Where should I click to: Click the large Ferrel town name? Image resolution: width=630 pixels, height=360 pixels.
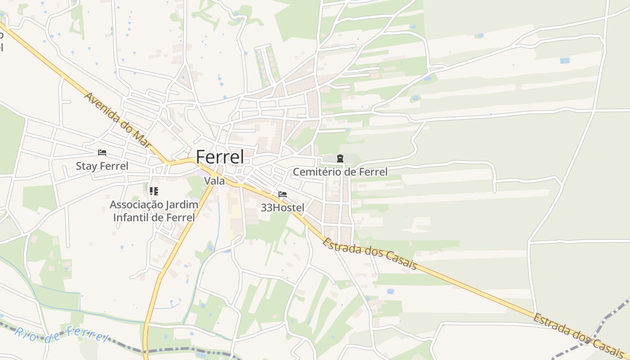click(x=220, y=157)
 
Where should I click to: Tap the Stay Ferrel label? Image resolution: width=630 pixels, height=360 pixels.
click(x=102, y=166)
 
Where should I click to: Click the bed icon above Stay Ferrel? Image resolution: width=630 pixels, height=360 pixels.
click(x=102, y=153)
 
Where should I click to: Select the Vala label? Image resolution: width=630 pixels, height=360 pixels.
click(x=214, y=181)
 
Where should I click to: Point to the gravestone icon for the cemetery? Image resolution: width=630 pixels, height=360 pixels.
click(x=340, y=158)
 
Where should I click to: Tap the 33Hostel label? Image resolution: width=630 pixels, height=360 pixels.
click(x=283, y=207)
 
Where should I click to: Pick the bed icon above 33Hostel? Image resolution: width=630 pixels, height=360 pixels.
click(x=283, y=194)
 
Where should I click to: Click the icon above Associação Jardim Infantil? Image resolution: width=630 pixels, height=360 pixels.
click(x=154, y=191)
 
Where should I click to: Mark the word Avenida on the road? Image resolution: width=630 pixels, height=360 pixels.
click(x=101, y=108)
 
